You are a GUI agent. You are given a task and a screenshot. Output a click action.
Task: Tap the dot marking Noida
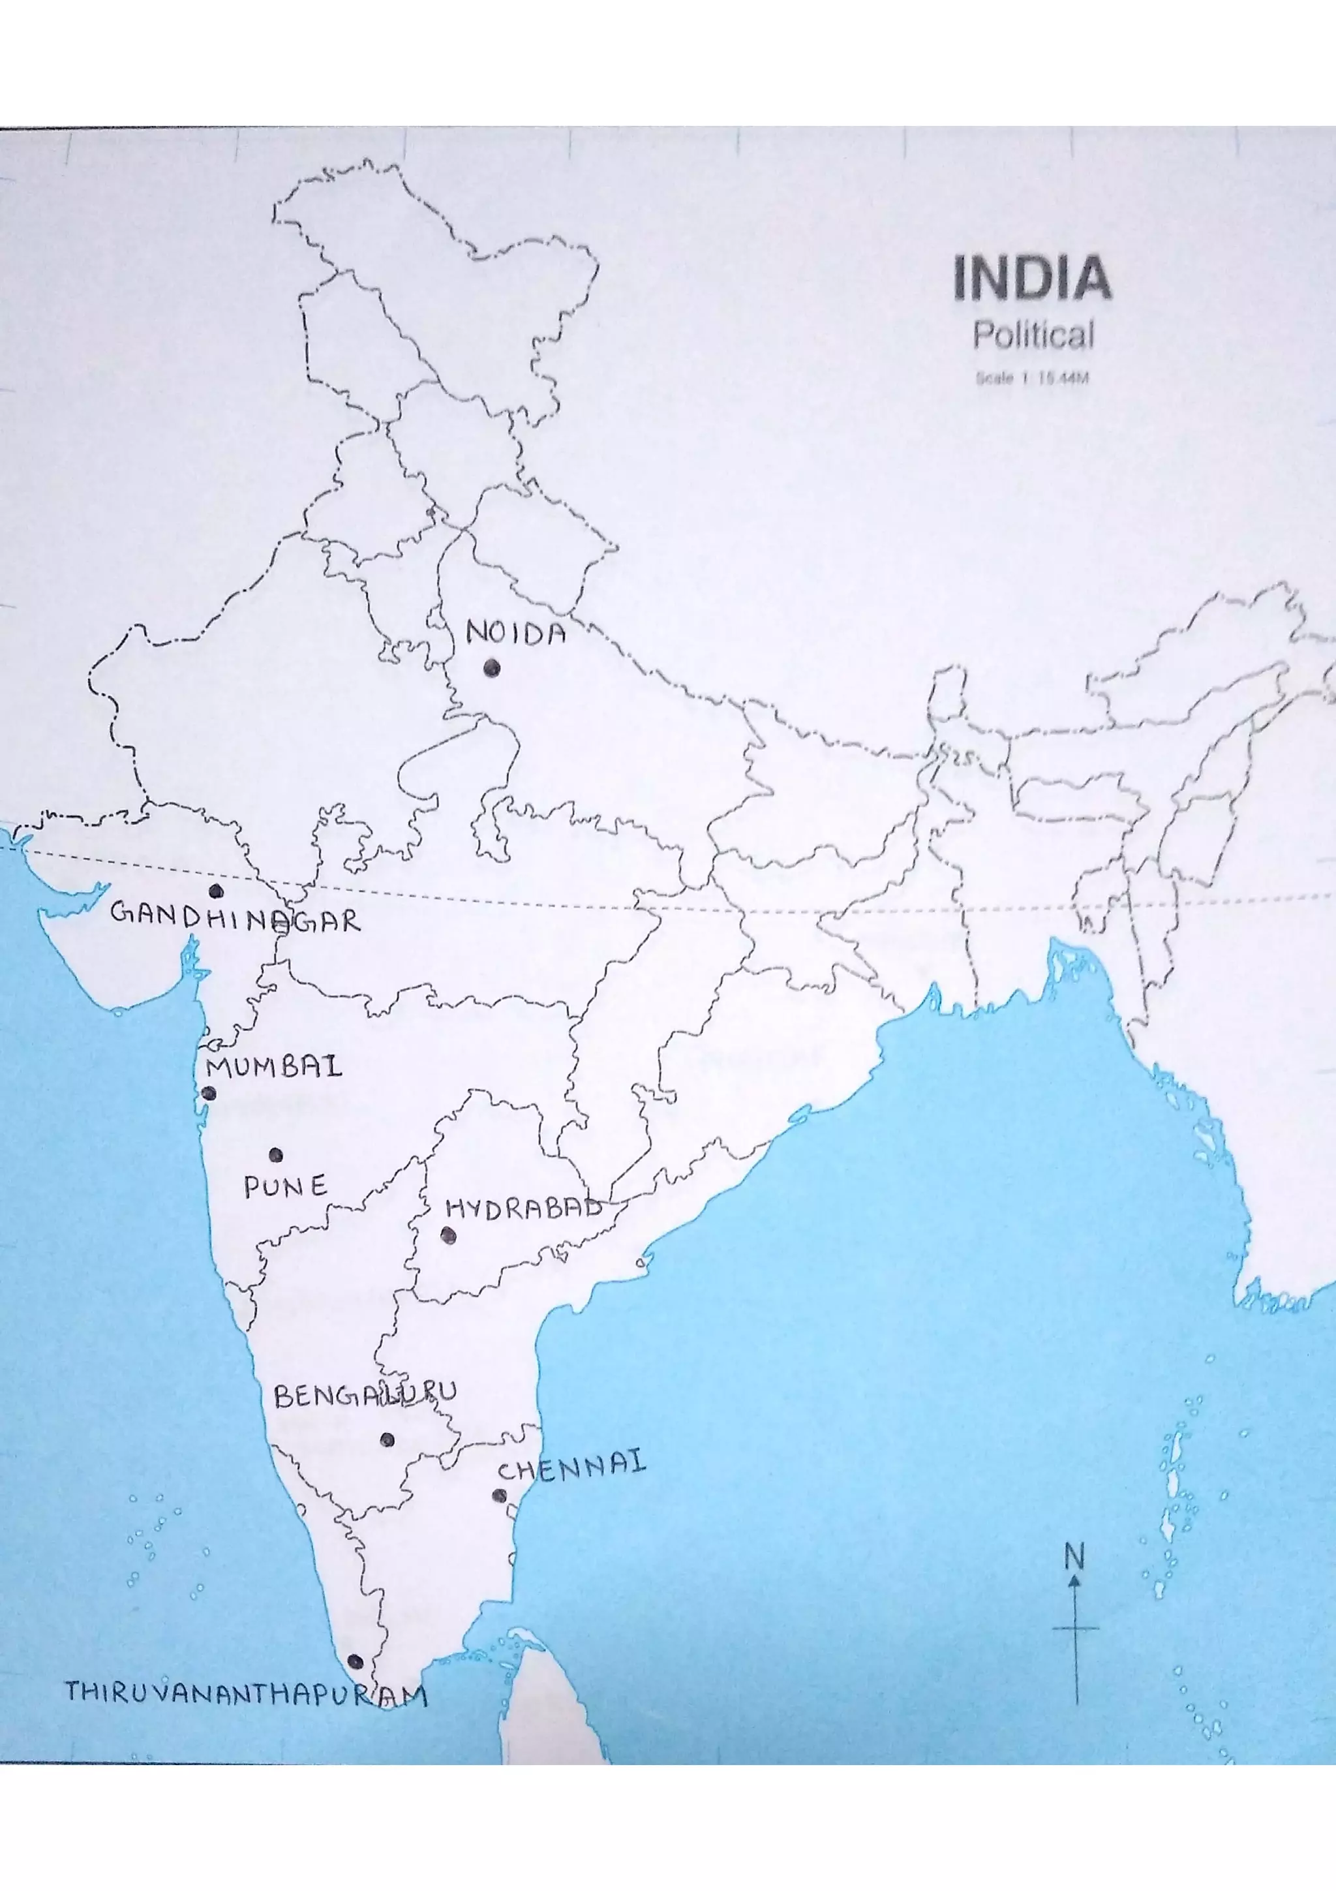pyautogui.click(x=493, y=668)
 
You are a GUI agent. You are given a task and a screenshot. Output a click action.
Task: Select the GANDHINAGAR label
pyautogui.click(x=235, y=917)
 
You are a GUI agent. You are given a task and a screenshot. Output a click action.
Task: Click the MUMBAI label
pyautogui.click(x=274, y=1068)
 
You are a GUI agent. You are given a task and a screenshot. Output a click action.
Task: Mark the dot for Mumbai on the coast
pyautogui.click(x=209, y=1094)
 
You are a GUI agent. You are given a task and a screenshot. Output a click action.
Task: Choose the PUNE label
pyautogui.click(x=286, y=1187)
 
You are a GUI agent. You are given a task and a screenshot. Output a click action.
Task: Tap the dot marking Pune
pyautogui.click(x=276, y=1156)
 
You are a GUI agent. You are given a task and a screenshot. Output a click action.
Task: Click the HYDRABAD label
pyautogui.click(x=524, y=1209)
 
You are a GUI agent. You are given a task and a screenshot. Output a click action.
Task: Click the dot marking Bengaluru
pyautogui.click(x=387, y=1439)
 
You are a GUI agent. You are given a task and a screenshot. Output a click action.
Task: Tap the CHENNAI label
pyautogui.click(x=572, y=1467)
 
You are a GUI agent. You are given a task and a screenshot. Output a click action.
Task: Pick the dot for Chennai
pyautogui.click(x=500, y=1496)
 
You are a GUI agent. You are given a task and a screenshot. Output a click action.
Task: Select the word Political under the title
pyautogui.click(x=1034, y=335)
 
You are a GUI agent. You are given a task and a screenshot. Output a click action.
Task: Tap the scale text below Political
pyautogui.click(x=1032, y=379)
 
